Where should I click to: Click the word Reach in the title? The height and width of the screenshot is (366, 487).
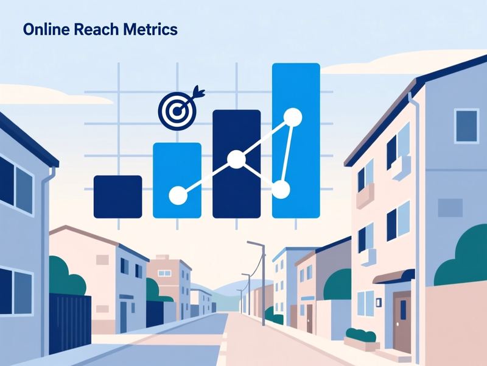coord(96,29)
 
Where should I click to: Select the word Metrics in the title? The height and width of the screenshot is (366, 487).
coord(150,29)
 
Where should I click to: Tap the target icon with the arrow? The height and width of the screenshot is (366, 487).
coord(179,107)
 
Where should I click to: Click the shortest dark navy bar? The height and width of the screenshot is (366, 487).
coord(117,196)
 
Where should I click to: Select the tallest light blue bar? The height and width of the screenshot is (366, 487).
coord(296,140)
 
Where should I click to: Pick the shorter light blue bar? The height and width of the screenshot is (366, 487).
coord(177,180)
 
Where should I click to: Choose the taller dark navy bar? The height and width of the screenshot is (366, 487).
coord(237,163)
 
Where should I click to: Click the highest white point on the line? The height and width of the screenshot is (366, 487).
coord(293,117)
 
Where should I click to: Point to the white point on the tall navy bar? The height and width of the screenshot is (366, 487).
coord(237,159)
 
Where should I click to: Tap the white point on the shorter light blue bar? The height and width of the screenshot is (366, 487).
coord(178,195)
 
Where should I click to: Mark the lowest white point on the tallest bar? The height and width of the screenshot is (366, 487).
coord(281,190)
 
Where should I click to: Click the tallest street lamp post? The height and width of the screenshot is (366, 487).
coord(263,283)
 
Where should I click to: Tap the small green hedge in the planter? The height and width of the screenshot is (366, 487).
coord(361,334)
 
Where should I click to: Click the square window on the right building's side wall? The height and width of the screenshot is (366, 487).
coord(466,126)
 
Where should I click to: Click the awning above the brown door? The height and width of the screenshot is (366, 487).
coord(394,276)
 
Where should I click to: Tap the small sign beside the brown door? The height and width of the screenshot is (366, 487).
coord(379,302)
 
